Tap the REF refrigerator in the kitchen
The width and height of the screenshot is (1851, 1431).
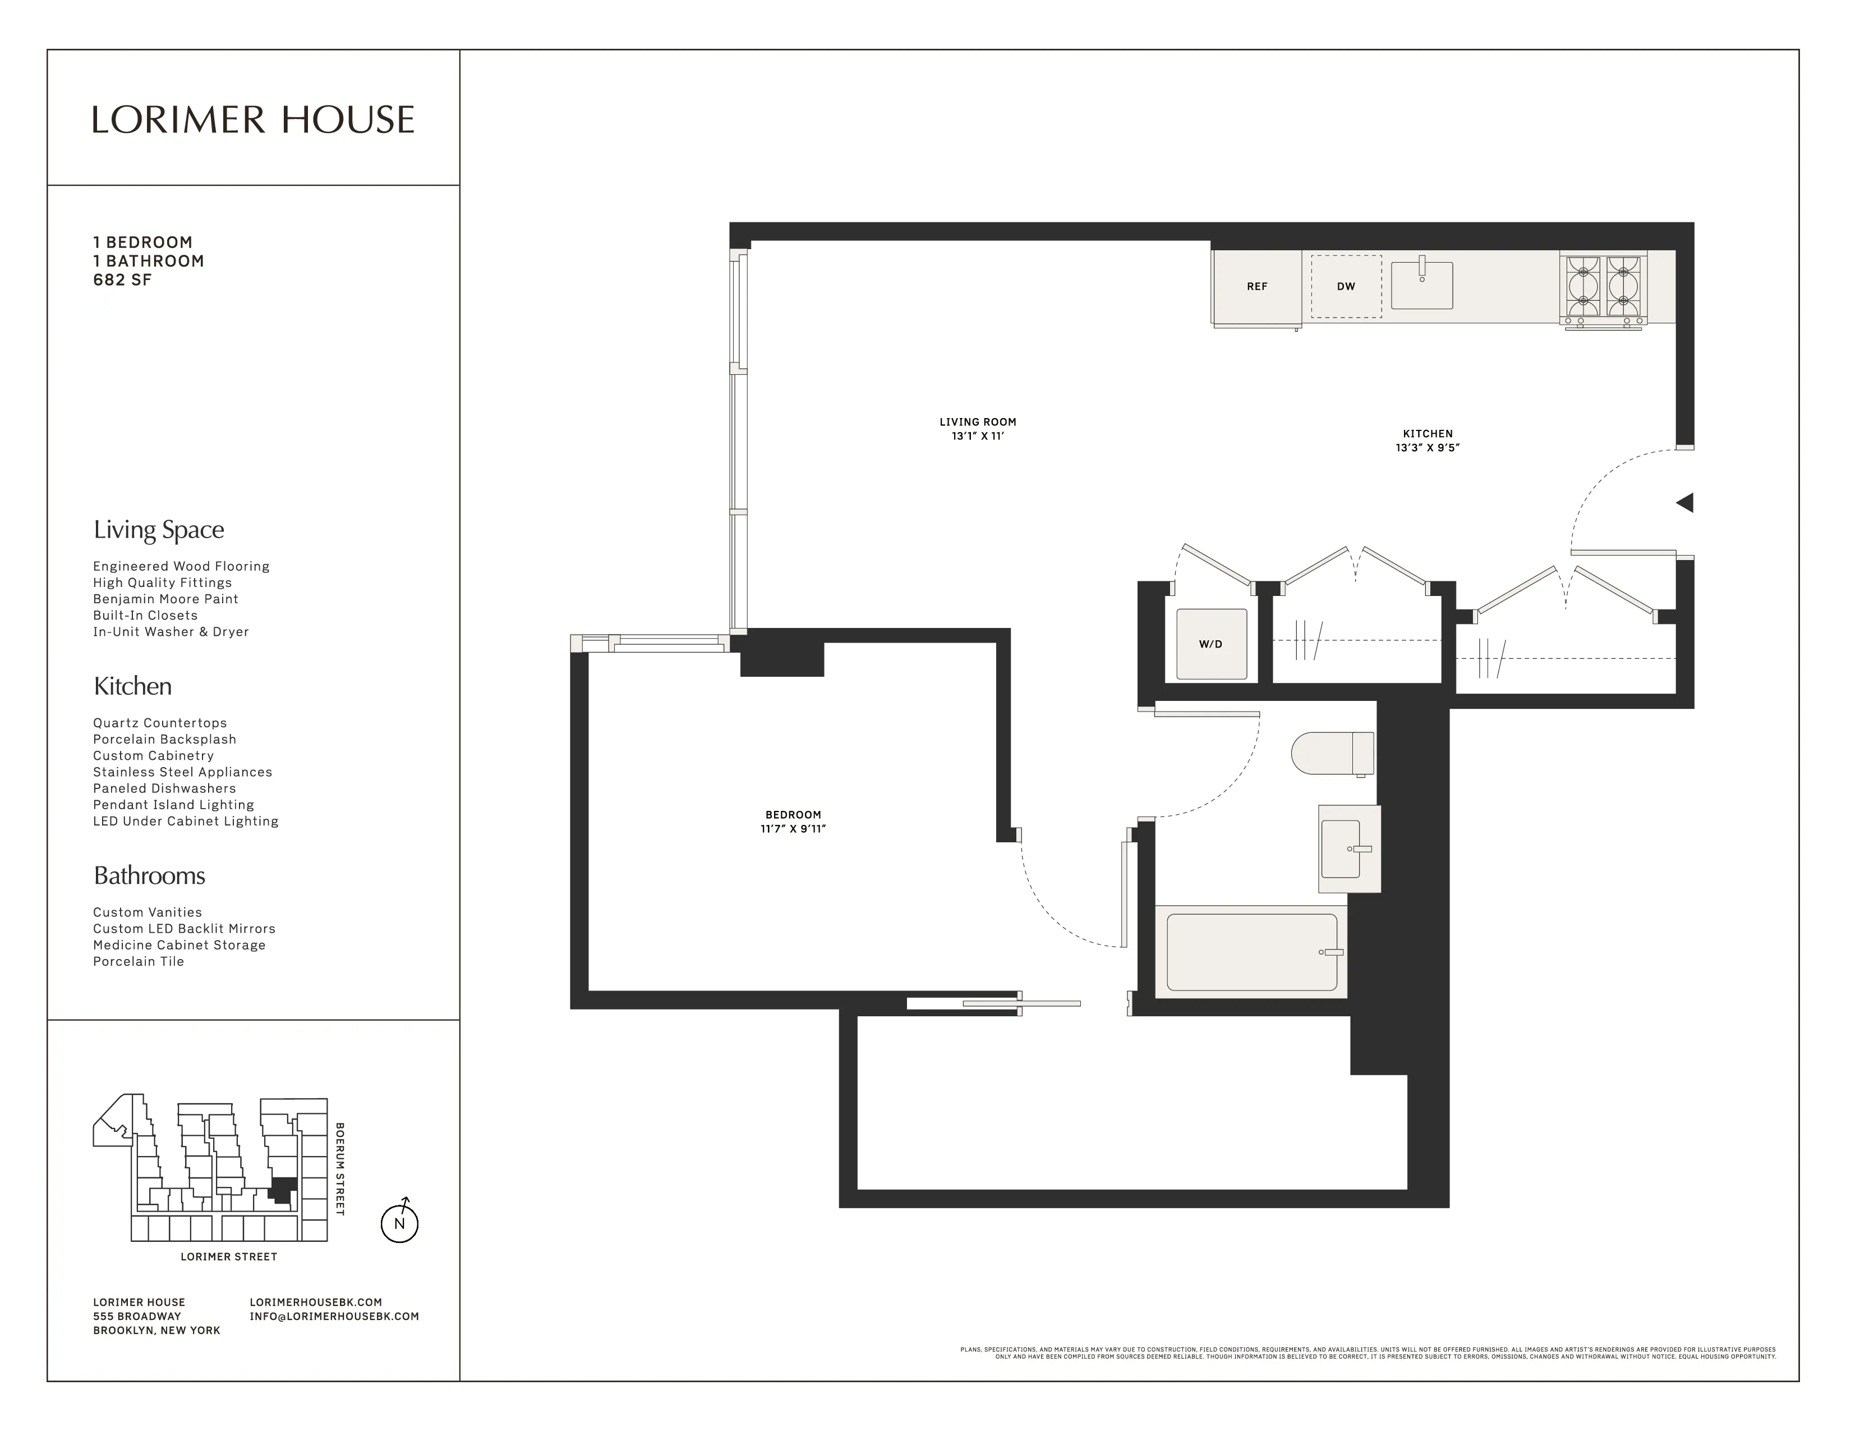click(x=1256, y=287)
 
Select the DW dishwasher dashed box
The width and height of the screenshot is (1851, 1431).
click(x=1346, y=287)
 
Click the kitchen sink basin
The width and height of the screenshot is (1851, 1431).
click(x=1422, y=286)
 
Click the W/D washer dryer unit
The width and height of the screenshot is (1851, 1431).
click(x=1210, y=644)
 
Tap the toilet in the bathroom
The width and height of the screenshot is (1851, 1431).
click(x=1332, y=753)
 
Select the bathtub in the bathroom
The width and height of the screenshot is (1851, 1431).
click(x=1251, y=951)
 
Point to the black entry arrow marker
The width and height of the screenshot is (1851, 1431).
click(x=1685, y=503)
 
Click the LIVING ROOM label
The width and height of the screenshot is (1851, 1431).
click(x=977, y=421)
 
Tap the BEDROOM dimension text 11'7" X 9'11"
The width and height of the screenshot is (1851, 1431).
click(x=793, y=829)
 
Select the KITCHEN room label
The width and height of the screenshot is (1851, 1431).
click(x=1428, y=433)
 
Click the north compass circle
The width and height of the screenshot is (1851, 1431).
click(x=399, y=1223)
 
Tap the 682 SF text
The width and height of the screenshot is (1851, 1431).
click(x=122, y=280)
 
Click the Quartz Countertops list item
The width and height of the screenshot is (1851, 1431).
click(x=160, y=723)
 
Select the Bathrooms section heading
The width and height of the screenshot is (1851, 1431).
click(x=149, y=876)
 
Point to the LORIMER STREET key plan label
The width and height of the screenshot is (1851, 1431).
click(x=229, y=1256)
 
